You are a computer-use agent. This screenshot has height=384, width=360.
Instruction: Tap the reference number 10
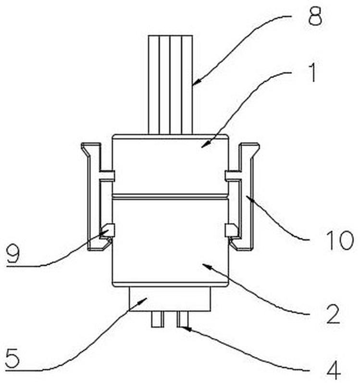tap(340, 240)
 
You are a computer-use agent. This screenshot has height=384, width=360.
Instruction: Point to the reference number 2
tap(334, 314)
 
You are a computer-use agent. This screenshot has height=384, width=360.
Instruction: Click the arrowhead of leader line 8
tap(195, 83)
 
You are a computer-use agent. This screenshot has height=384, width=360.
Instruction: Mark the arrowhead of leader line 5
tap(143, 301)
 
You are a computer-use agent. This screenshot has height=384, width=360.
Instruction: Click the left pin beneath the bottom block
tap(157, 319)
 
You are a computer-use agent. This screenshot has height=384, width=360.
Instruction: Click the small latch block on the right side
tap(231, 230)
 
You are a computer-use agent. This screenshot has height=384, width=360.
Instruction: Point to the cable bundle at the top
tap(170, 85)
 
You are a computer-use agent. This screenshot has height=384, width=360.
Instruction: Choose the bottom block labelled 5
tap(170, 299)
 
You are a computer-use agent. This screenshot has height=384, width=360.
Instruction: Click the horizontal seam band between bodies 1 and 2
tap(170, 197)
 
